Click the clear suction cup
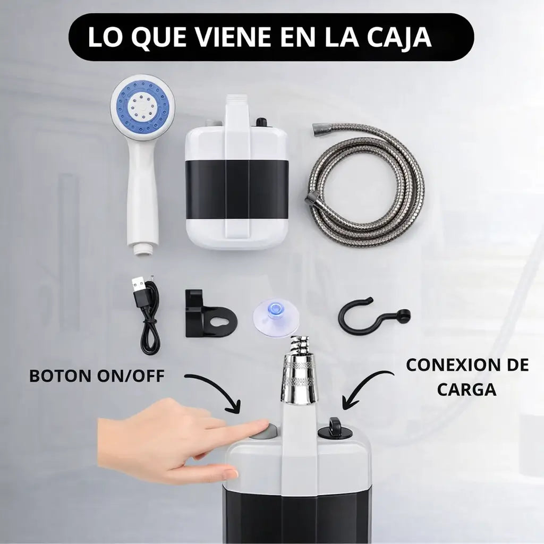pyautogui.click(x=276, y=317)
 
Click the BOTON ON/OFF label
pyautogui.click(x=97, y=376)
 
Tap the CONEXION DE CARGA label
pyautogui.click(x=467, y=377)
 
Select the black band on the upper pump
pyautogui.click(x=236, y=189)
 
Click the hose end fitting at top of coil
pyautogui.click(x=322, y=129)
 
